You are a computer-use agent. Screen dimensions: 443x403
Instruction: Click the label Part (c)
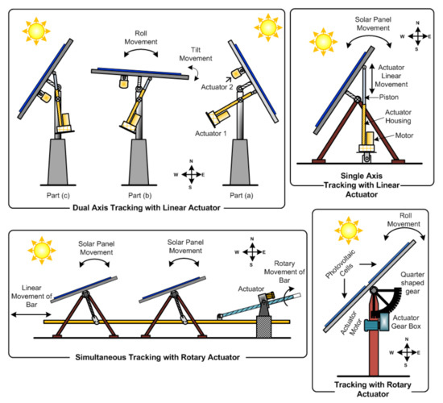(58, 195)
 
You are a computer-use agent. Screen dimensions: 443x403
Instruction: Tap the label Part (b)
(140, 195)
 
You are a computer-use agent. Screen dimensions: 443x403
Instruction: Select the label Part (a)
(242, 195)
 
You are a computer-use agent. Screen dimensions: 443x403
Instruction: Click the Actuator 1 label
(211, 133)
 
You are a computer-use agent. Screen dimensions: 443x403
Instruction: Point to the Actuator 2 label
(217, 87)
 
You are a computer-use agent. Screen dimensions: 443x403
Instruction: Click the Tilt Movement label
(196, 54)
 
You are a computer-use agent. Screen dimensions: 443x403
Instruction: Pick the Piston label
(389, 98)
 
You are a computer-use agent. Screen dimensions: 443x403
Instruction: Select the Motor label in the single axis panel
(404, 135)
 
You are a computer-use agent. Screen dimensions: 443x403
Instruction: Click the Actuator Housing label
(398, 117)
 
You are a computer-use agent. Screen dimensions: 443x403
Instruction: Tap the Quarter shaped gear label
(412, 283)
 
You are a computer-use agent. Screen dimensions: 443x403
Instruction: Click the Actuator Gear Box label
(406, 322)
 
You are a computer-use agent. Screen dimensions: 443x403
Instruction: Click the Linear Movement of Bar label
(31, 296)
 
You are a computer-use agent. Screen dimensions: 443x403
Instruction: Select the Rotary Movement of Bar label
(284, 272)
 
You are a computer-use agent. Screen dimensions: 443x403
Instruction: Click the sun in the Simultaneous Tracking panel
(42, 251)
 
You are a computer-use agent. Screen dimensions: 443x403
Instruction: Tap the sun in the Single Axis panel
(323, 42)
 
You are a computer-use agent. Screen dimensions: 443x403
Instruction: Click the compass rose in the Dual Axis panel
(190, 174)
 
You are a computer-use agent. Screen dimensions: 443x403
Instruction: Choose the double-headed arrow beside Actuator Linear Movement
(372, 79)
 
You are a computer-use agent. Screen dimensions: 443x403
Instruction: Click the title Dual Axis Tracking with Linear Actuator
(147, 208)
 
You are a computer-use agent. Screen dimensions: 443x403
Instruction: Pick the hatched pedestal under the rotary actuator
(263, 326)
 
